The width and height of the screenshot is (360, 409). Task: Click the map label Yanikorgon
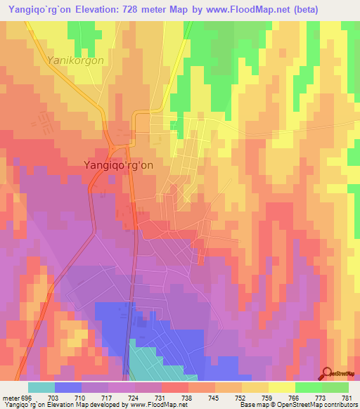pyautogui.click(x=75, y=60)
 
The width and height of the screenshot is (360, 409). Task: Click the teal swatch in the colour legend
pyautogui.click(x=41, y=387)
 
